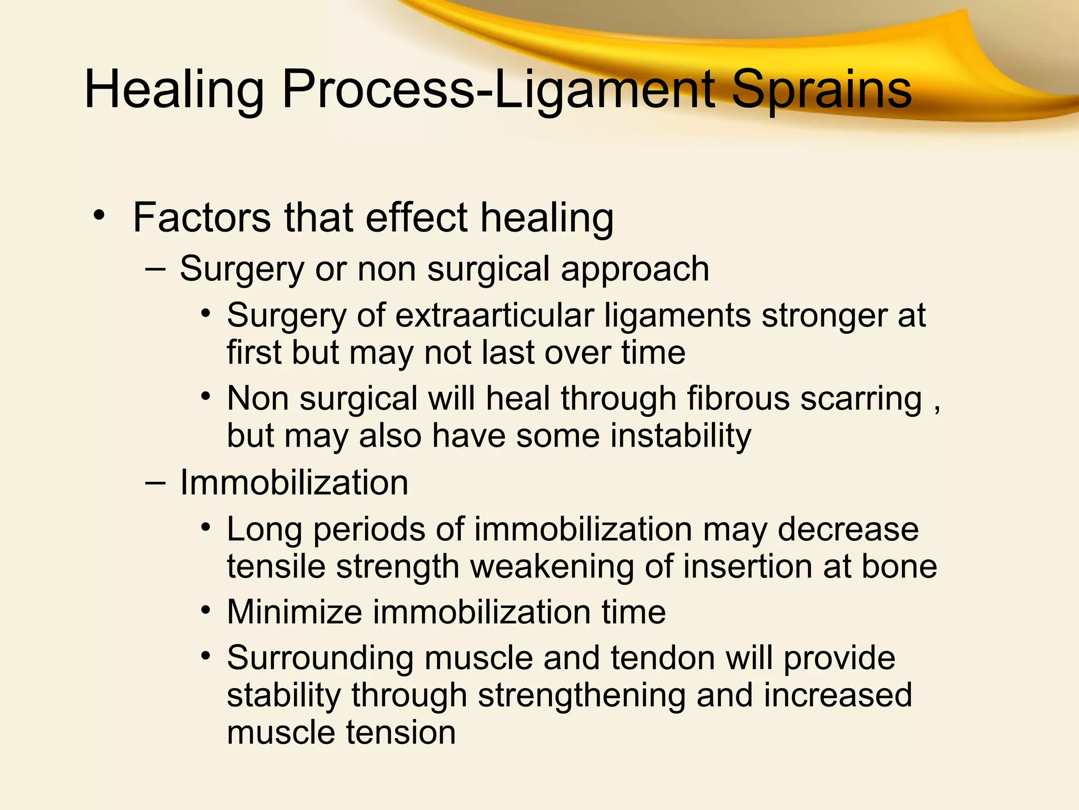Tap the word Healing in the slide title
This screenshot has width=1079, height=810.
(174, 91)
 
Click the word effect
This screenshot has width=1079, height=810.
(416, 217)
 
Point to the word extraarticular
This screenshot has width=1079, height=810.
(494, 315)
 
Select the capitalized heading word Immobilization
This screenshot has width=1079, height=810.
(294, 483)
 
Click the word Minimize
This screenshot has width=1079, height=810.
(295, 612)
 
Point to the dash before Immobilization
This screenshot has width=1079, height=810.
(155, 481)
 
